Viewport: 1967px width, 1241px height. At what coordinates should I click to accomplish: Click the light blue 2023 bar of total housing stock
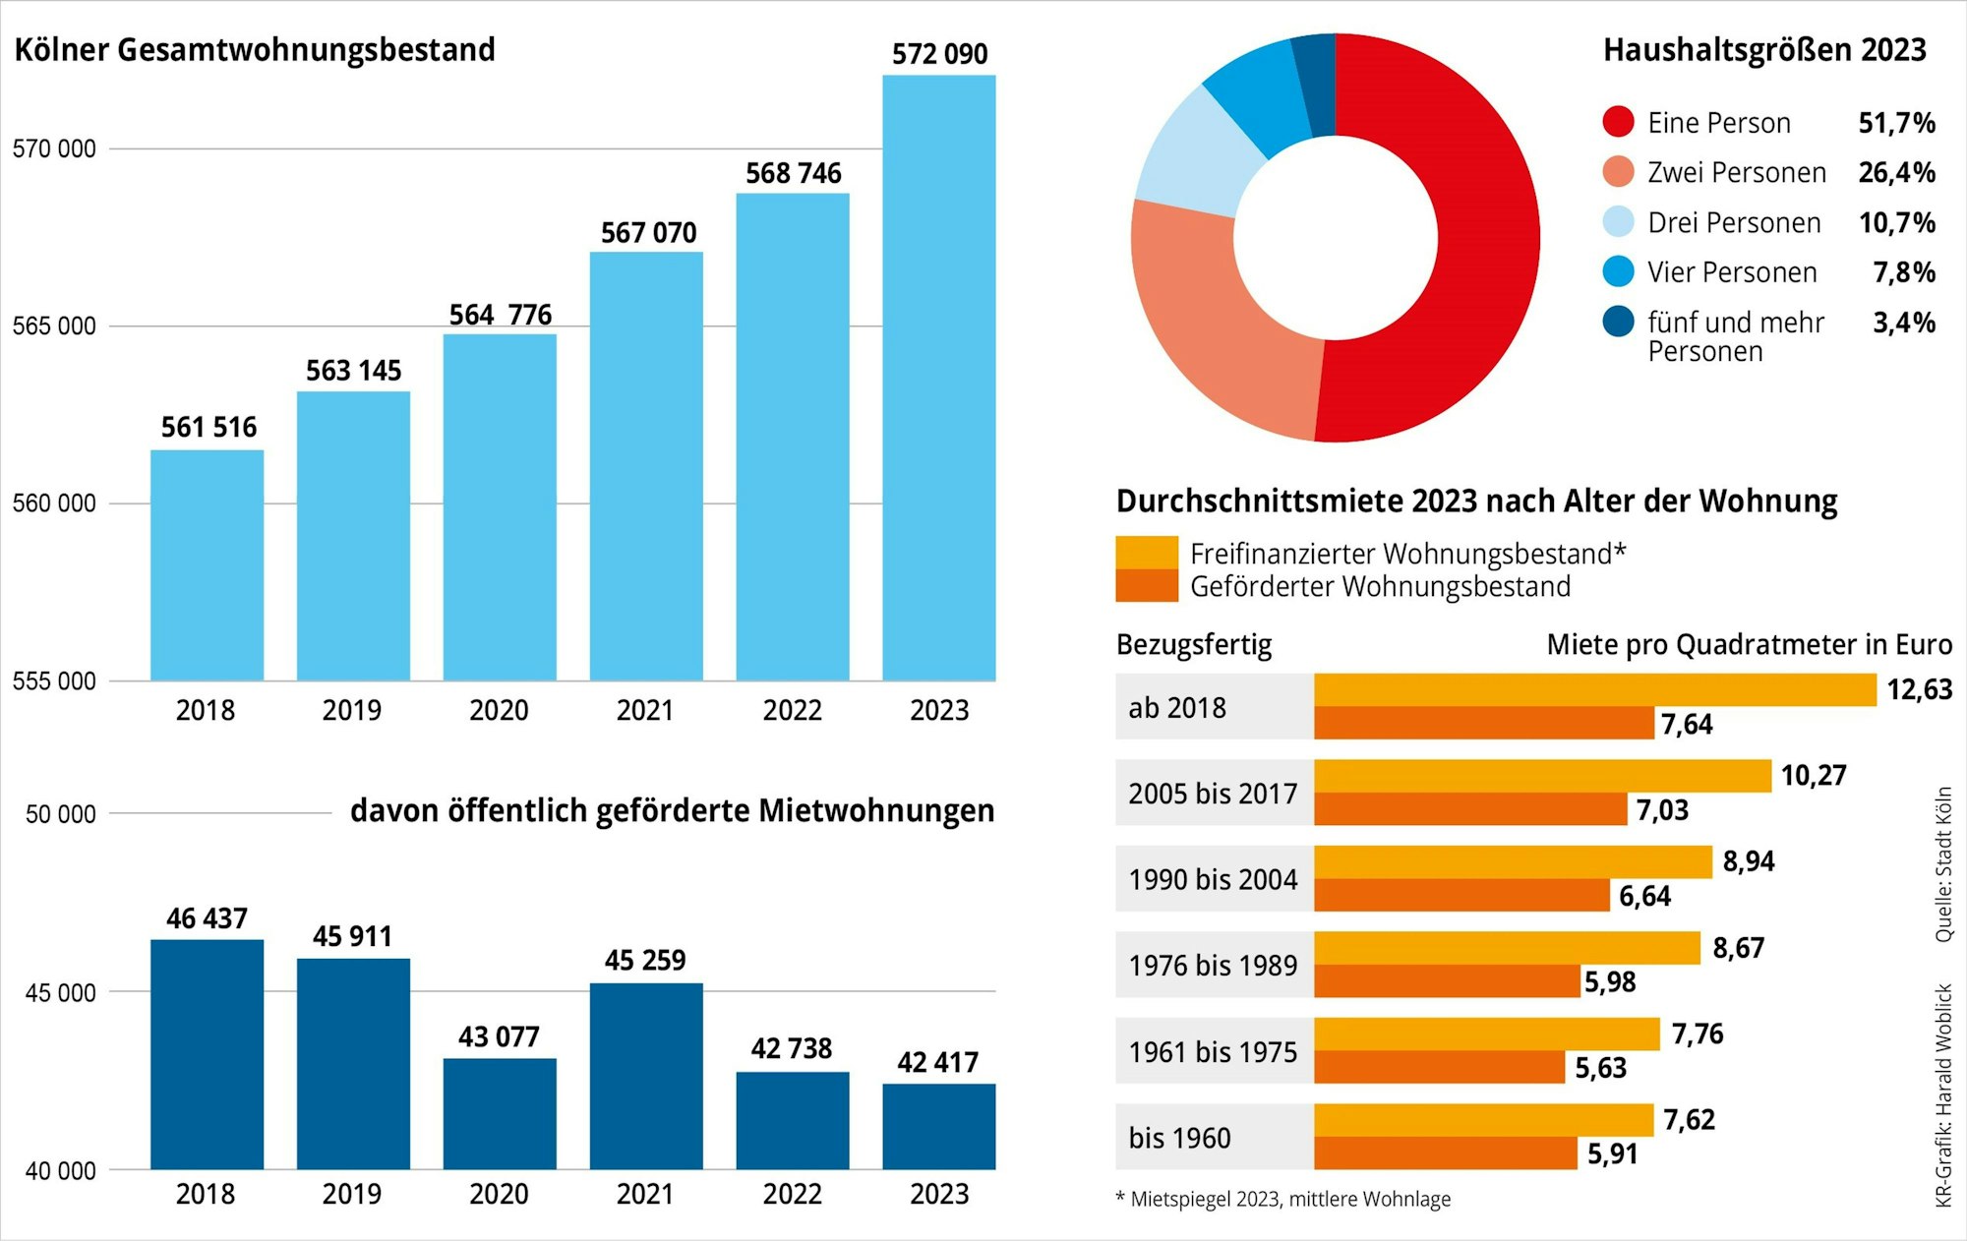(x=938, y=379)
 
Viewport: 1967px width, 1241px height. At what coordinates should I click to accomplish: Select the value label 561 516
(x=209, y=428)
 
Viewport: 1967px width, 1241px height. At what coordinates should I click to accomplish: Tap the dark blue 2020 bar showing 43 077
(x=500, y=1113)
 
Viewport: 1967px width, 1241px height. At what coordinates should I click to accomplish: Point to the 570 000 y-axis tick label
(x=54, y=149)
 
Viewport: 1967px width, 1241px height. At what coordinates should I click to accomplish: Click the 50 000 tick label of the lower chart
(x=60, y=814)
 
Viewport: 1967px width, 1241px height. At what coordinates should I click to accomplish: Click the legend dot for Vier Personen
(x=1618, y=272)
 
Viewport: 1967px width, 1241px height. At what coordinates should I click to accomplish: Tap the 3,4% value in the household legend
(x=1903, y=323)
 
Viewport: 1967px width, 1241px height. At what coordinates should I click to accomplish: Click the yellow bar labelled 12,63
(x=1593, y=690)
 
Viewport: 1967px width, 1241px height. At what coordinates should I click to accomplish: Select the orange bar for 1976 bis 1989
(x=1446, y=981)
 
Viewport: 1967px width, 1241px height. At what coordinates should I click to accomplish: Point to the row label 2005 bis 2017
(x=1213, y=794)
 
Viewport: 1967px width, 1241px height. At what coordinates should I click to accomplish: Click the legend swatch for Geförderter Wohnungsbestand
(x=1146, y=586)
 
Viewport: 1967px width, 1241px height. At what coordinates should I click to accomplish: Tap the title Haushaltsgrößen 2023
(x=1764, y=50)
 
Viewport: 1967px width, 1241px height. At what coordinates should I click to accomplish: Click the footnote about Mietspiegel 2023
(x=1283, y=1200)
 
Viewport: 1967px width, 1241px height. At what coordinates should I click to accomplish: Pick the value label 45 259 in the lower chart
(x=645, y=961)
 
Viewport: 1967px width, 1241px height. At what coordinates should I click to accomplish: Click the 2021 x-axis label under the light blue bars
(x=645, y=710)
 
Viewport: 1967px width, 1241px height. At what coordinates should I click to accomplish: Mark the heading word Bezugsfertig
(x=1194, y=645)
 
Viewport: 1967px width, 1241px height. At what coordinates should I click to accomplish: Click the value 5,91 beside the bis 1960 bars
(x=1613, y=1153)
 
